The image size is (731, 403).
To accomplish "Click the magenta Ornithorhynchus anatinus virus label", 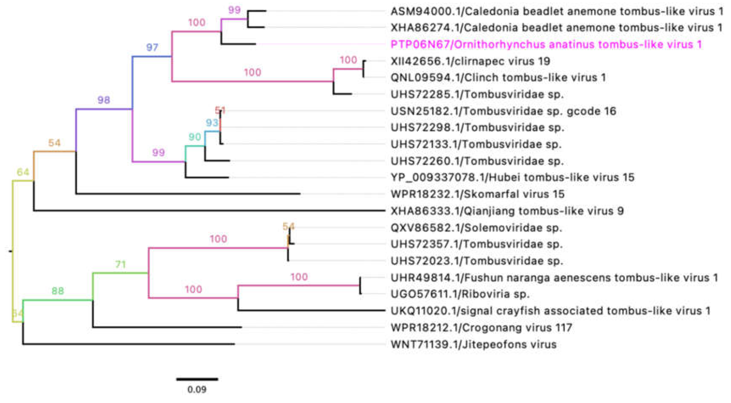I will pos(546,44).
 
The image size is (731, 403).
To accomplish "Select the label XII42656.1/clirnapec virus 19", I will pos(470,61).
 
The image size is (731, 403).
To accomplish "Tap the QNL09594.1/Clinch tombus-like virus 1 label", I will pos(498,78).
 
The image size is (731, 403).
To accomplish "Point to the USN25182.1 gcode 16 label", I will pos(503,111).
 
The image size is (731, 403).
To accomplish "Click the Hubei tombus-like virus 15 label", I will pos(512,178).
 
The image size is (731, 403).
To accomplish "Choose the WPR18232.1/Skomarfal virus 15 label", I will pos(477,194).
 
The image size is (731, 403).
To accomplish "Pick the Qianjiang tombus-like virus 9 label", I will pos(507,211).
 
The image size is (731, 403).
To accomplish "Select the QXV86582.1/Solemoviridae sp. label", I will pos(476,228).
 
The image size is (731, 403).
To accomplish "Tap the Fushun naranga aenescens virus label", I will pos(554,278).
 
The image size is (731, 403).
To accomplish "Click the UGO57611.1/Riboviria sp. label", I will pos(460,294).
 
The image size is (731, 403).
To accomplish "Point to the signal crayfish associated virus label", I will pos(550,311).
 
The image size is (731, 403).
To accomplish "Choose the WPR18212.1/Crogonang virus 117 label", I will pos(481,328).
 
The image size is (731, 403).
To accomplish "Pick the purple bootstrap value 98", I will pos(104,100).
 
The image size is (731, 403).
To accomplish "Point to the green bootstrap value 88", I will pos(58,291).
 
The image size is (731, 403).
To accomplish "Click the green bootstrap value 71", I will pos(120,265).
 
